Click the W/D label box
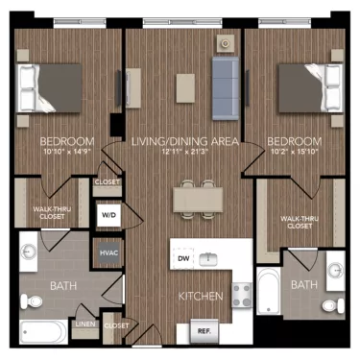coord(108,216)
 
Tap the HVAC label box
coord(108,254)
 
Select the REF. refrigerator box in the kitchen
coord(204,331)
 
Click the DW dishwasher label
coord(182,258)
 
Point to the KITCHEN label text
coord(200,296)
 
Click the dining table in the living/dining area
coord(199,197)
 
